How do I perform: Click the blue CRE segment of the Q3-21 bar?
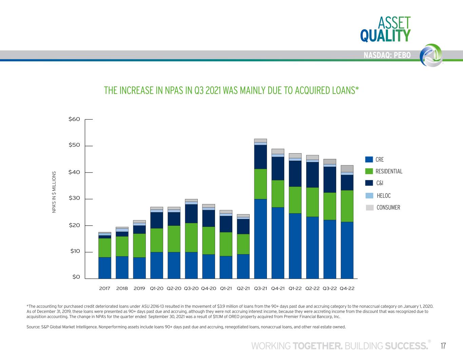(261, 239)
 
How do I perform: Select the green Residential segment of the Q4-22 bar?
(347, 206)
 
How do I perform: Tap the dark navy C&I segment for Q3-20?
(191, 214)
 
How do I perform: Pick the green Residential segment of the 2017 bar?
(105, 248)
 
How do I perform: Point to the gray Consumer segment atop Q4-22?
(347, 168)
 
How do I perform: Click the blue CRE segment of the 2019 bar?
(139, 268)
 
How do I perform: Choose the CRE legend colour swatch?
(369, 159)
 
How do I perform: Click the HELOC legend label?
(384, 196)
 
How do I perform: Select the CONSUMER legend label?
(388, 207)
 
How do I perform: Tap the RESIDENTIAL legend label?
(389, 171)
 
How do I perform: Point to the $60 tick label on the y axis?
(74, 119)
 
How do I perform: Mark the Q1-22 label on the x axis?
(295, 288)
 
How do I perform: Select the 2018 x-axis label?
(122, 288)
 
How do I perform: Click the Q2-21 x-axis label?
(243, 288)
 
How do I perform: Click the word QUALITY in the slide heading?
(385, 36)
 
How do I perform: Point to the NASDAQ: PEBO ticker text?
(387, 55)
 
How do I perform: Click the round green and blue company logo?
(431, 55)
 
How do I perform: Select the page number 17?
(443, 346)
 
